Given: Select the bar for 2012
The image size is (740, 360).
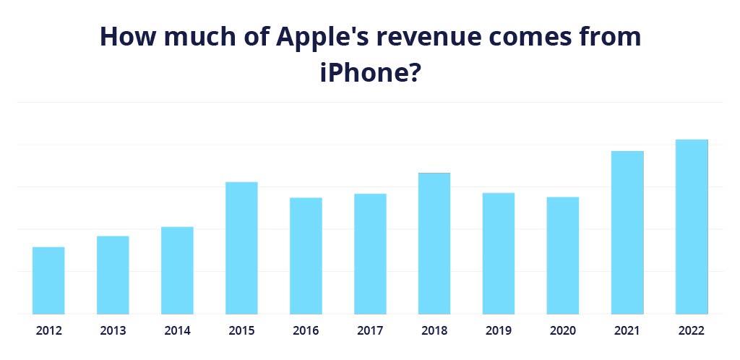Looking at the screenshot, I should (48, 280).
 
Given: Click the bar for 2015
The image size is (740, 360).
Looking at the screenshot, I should (241, 248).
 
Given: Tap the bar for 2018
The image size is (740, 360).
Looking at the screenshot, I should (434, 244).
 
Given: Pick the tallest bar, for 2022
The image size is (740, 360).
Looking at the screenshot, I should (692, 227).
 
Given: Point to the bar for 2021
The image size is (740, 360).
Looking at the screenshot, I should (627, 233).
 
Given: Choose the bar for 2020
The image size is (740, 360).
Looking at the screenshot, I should (563, 256).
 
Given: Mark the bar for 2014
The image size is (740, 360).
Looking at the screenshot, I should (177, 270).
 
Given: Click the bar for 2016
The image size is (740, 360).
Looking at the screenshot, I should (306, 256).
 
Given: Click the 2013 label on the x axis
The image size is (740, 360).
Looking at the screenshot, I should (113, 331).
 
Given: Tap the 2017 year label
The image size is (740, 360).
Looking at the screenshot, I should (370, 331).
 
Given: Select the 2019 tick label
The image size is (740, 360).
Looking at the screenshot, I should (499, 331).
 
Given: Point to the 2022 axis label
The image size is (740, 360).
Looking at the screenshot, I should (692, 331).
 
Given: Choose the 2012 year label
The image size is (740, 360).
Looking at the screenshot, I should (48, 331).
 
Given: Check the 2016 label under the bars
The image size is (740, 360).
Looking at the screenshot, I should (306, 331).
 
